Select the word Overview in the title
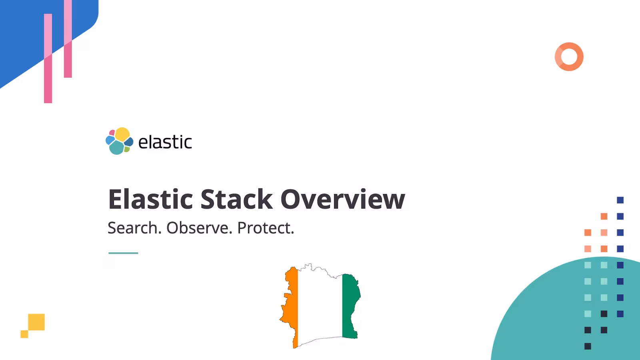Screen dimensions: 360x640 point(342,199)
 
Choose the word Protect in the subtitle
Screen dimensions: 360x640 point(266,228)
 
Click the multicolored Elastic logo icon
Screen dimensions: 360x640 point(119,141)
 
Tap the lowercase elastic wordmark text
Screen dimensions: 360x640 point(165,142)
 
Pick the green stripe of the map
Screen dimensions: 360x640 point(350,304)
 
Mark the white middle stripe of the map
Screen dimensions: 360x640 point(320,304)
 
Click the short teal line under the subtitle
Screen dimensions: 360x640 point(123,253)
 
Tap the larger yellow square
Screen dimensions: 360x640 point(36,322)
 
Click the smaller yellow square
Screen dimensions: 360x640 point(24,334)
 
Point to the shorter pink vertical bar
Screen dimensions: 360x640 point(68,40)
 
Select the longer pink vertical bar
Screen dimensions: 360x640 point(48,60)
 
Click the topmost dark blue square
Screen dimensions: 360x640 point(620,200)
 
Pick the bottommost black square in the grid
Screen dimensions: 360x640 point(588,346)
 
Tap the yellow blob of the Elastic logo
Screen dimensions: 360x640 point(122,134)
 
